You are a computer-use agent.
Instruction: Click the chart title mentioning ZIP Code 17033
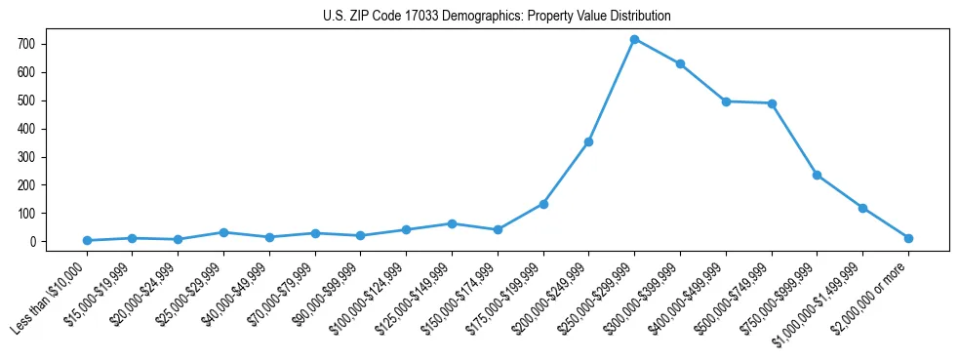coord(497,17)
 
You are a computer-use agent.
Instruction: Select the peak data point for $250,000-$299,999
coord(634,39)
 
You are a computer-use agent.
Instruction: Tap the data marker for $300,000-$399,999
coord(680,63)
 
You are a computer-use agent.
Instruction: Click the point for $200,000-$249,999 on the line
coord(588,141)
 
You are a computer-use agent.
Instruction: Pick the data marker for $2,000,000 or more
coord(908,238)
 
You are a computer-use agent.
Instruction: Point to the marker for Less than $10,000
coord(87,240)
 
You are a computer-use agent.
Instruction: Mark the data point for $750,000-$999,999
coord(817,175)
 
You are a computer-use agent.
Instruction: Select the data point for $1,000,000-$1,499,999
coord(862,208)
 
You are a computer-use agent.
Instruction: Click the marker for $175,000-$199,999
coord(543,204)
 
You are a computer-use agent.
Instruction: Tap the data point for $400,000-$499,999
coord(726,101)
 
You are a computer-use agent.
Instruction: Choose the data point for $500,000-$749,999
coord(772,103)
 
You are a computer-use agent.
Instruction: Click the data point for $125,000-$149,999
coord(452,223)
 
